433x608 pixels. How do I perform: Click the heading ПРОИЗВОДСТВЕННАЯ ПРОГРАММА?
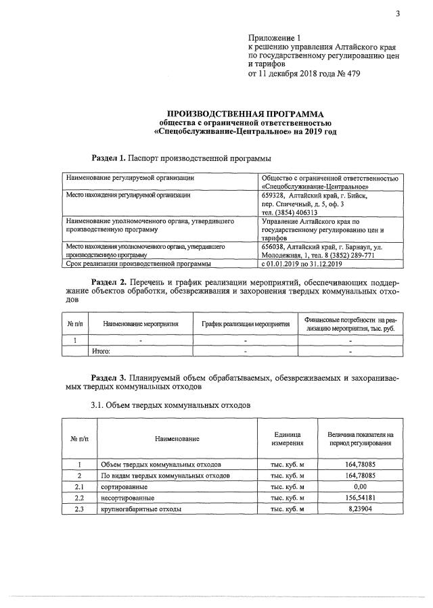pos(245,114)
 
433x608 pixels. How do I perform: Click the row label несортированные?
pos(126,498)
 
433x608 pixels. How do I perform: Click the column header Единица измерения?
pos(288,438)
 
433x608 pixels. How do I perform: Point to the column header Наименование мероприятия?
pos(141,324)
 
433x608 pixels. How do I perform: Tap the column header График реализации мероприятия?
pos(246,324)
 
